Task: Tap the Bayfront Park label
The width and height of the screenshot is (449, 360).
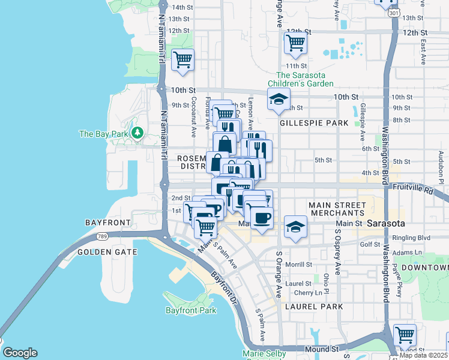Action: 190,310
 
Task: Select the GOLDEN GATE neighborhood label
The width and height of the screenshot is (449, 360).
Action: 107,252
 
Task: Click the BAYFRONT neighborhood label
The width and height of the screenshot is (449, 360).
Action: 108,223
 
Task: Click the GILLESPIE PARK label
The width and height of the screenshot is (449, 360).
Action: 314,123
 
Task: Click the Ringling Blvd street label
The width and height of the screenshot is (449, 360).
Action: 412,238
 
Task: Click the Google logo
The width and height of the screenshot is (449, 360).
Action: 20,353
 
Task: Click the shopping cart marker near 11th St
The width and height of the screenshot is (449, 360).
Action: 295,43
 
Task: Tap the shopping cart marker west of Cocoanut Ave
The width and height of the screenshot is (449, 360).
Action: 182,59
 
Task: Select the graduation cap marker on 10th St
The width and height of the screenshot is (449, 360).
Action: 279,99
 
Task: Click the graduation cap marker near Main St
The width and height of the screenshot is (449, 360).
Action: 295,227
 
